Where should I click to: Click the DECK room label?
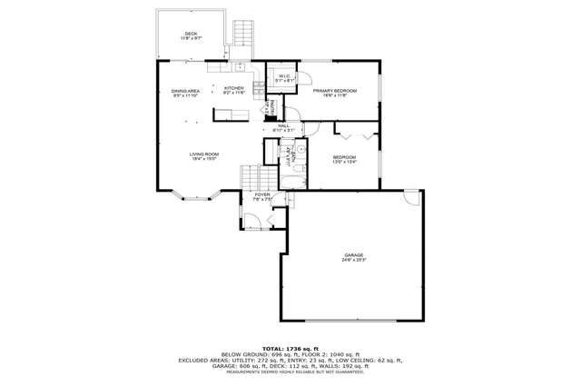[190, 35]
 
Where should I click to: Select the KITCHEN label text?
[234, 88]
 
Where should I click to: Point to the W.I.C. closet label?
[284, 76]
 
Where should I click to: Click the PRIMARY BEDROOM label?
[335, 90]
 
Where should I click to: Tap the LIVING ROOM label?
[204, 154]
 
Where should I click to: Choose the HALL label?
[284, 125]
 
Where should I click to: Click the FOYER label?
[262, 194]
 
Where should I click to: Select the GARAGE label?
[353, 254]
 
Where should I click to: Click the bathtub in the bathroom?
[291, 181]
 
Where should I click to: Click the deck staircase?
[242, 34]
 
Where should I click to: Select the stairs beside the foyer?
[252, 176]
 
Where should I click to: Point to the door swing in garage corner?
[413, 197]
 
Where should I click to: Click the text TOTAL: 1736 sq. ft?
[290, 348]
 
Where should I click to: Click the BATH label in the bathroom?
[289, 155]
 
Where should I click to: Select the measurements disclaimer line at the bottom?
[290, 372]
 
